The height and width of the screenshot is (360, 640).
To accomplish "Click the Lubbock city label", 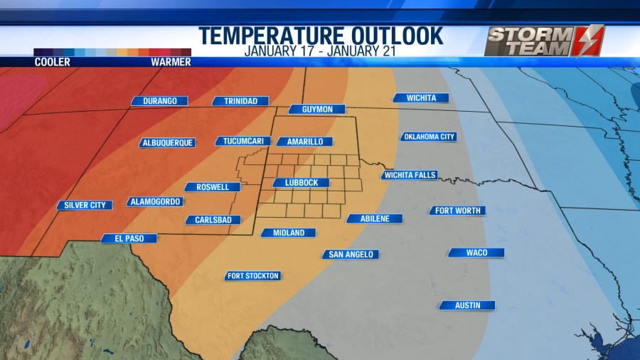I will (x=302, y=183).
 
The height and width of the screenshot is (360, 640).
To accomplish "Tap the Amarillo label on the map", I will (x=305, y=142).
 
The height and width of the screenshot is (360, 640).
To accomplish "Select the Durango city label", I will (x=160, y=101).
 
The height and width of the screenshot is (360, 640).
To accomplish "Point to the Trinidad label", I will (x=241, y=101).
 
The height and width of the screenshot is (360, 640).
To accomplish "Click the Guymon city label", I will (x=317, y=110).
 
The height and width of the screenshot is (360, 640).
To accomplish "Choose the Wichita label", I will (x=422, y=98).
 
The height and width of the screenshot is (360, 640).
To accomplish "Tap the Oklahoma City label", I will (x=429, y=137).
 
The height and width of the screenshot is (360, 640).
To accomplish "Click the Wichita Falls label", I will (x=410, y=175).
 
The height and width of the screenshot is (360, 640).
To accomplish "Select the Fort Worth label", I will (x=457, y=211).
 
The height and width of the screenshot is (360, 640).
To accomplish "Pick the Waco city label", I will (x=476, y=253).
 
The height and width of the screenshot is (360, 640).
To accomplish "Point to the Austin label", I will (x=466, y=305).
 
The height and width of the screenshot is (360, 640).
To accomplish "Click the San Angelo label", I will (x=351, y=254).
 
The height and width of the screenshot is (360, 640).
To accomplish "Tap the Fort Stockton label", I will (x=253, y=275).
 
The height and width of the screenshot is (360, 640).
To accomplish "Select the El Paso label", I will (x=129, y=238).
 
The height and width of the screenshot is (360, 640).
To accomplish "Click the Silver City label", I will (x=85, y=205).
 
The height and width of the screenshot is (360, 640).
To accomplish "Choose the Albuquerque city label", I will (x=168, y=142).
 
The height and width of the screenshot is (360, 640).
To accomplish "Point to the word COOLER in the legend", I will (x=53, y=63).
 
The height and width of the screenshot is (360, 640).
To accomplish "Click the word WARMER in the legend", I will (x=171, y=63).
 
